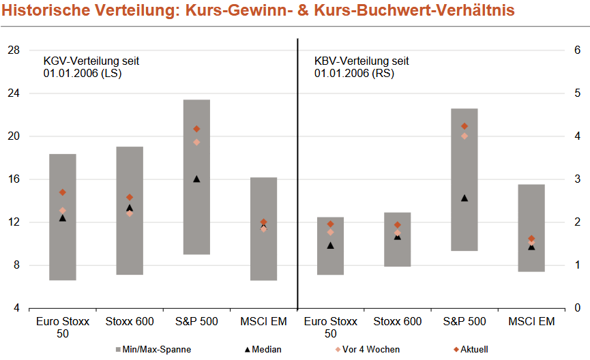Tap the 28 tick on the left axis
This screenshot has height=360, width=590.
(13, 50)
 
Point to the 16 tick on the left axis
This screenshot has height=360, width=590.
(13, 179)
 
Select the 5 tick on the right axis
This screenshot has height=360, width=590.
(576, 93)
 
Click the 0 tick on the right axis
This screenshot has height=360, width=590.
(576, 308)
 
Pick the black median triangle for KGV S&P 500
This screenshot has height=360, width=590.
(196, 179)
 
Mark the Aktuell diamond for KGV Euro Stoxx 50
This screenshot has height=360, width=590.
(62, 192)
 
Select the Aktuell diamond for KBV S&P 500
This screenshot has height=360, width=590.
(464, 126)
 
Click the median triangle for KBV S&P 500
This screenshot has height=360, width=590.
(464, 198)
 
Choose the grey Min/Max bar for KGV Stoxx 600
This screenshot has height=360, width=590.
(130, 211)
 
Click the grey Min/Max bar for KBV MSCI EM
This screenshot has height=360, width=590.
(531, 228)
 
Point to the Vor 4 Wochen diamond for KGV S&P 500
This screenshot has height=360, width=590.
(196, 142)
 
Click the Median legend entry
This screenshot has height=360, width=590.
(262, 349)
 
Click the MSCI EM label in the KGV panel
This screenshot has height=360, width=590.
(263, 321)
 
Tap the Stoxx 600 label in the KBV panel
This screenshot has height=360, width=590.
(398, 321)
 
